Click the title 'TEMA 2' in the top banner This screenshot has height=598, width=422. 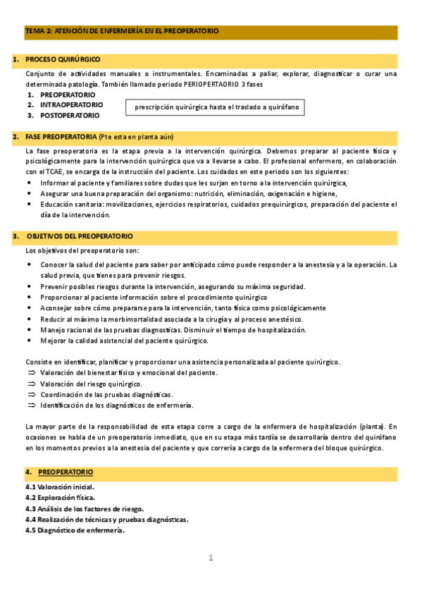pyautogui.click(x=39, y=32)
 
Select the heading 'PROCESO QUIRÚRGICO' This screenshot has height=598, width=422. pyautogui.click(x=63, y=59)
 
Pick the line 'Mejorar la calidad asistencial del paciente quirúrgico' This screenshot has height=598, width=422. pyautogui.click(x=125, y=341)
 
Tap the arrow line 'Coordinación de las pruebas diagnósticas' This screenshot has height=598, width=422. pyautogui.click(x=106, y=394)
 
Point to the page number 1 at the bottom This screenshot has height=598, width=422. pyautogui.click(x=210, y=558)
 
